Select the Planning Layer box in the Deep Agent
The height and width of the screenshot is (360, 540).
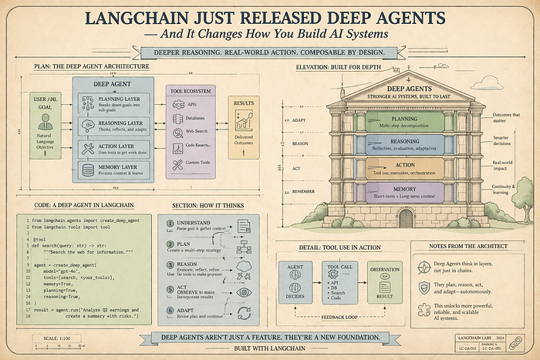116,104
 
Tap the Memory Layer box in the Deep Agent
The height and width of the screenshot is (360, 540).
116,168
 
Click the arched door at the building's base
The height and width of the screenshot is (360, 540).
406,218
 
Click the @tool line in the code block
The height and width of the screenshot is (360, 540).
47,241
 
